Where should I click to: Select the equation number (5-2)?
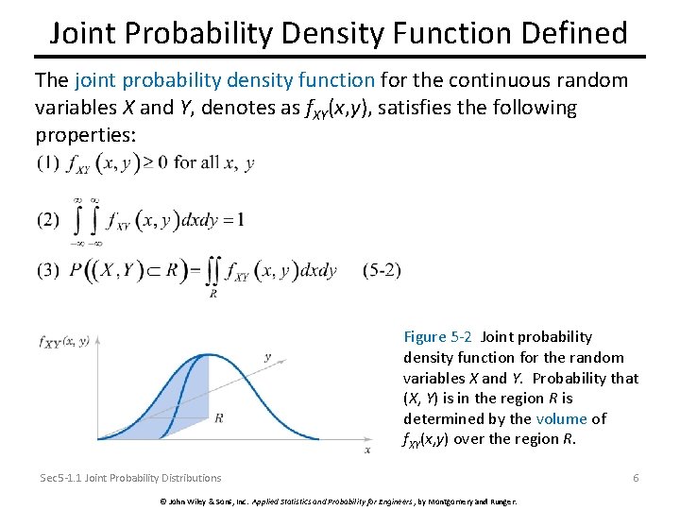click(382, 270)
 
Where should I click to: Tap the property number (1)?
click(48, 162)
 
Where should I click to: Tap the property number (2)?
click(48, 220)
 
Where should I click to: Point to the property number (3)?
click(48, 270)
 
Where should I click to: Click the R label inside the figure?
click(219, 416)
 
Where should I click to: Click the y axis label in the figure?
click(268, 357)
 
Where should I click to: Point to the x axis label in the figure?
click(367, 450)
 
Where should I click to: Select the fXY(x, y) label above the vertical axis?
click(64, 342)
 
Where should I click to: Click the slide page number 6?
click(636, 478)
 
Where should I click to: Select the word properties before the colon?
click(85, 135)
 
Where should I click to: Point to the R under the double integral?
click(212, 294)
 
